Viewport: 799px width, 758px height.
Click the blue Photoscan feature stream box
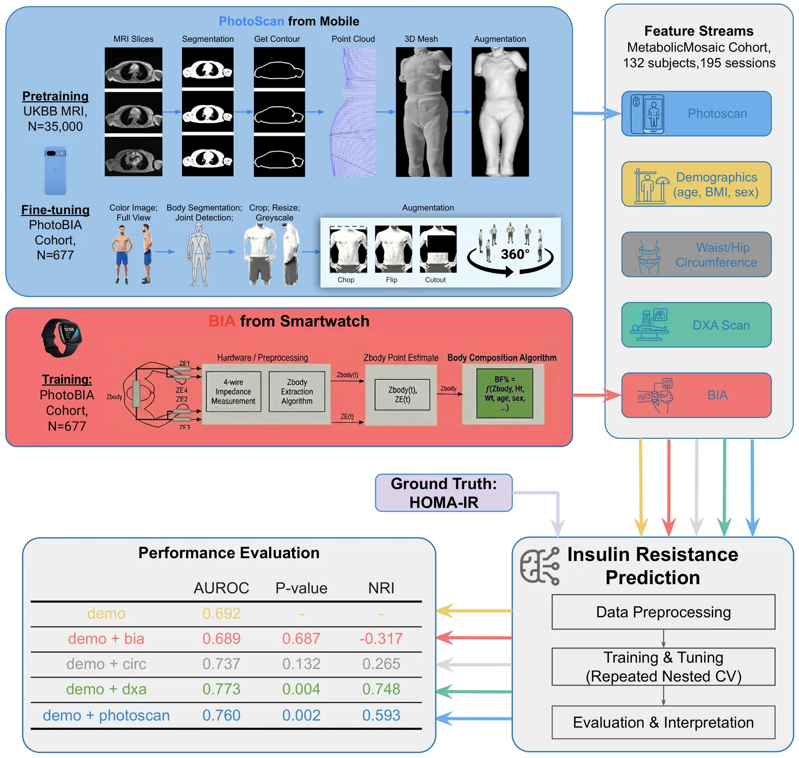click(x=696, y=114)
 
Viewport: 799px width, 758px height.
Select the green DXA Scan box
click(x=696, y=325)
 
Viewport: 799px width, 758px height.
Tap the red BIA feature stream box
click(x=696, y=395)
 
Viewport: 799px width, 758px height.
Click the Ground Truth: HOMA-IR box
click(x=444, y=493)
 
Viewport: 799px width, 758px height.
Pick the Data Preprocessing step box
click(x=663, y=612)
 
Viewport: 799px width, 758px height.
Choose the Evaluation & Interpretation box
click(x=663, y=722)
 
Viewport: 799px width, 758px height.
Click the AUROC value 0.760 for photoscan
click(x=221, y=715)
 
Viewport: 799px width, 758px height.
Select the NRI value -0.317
click(x=381, y=639)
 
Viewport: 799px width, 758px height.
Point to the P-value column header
click(x=301, y=588)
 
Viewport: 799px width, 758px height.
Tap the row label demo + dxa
click(x=106, y=689)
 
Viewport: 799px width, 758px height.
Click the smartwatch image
click(x=62, y=337)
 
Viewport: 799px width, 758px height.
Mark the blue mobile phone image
click(x=56, y=171)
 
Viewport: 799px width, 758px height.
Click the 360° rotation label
click(x=515, y=254)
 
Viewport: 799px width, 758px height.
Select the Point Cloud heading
click(x=353, y=39)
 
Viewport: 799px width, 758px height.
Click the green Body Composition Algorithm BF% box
click(x=504, y=394)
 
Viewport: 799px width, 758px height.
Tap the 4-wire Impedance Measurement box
click(x=234, y=391)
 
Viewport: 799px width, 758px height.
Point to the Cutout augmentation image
click(x=438, y=250)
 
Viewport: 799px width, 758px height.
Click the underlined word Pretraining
click(x=56, y=96)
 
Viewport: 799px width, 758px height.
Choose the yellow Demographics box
click(x=696, y=184)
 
